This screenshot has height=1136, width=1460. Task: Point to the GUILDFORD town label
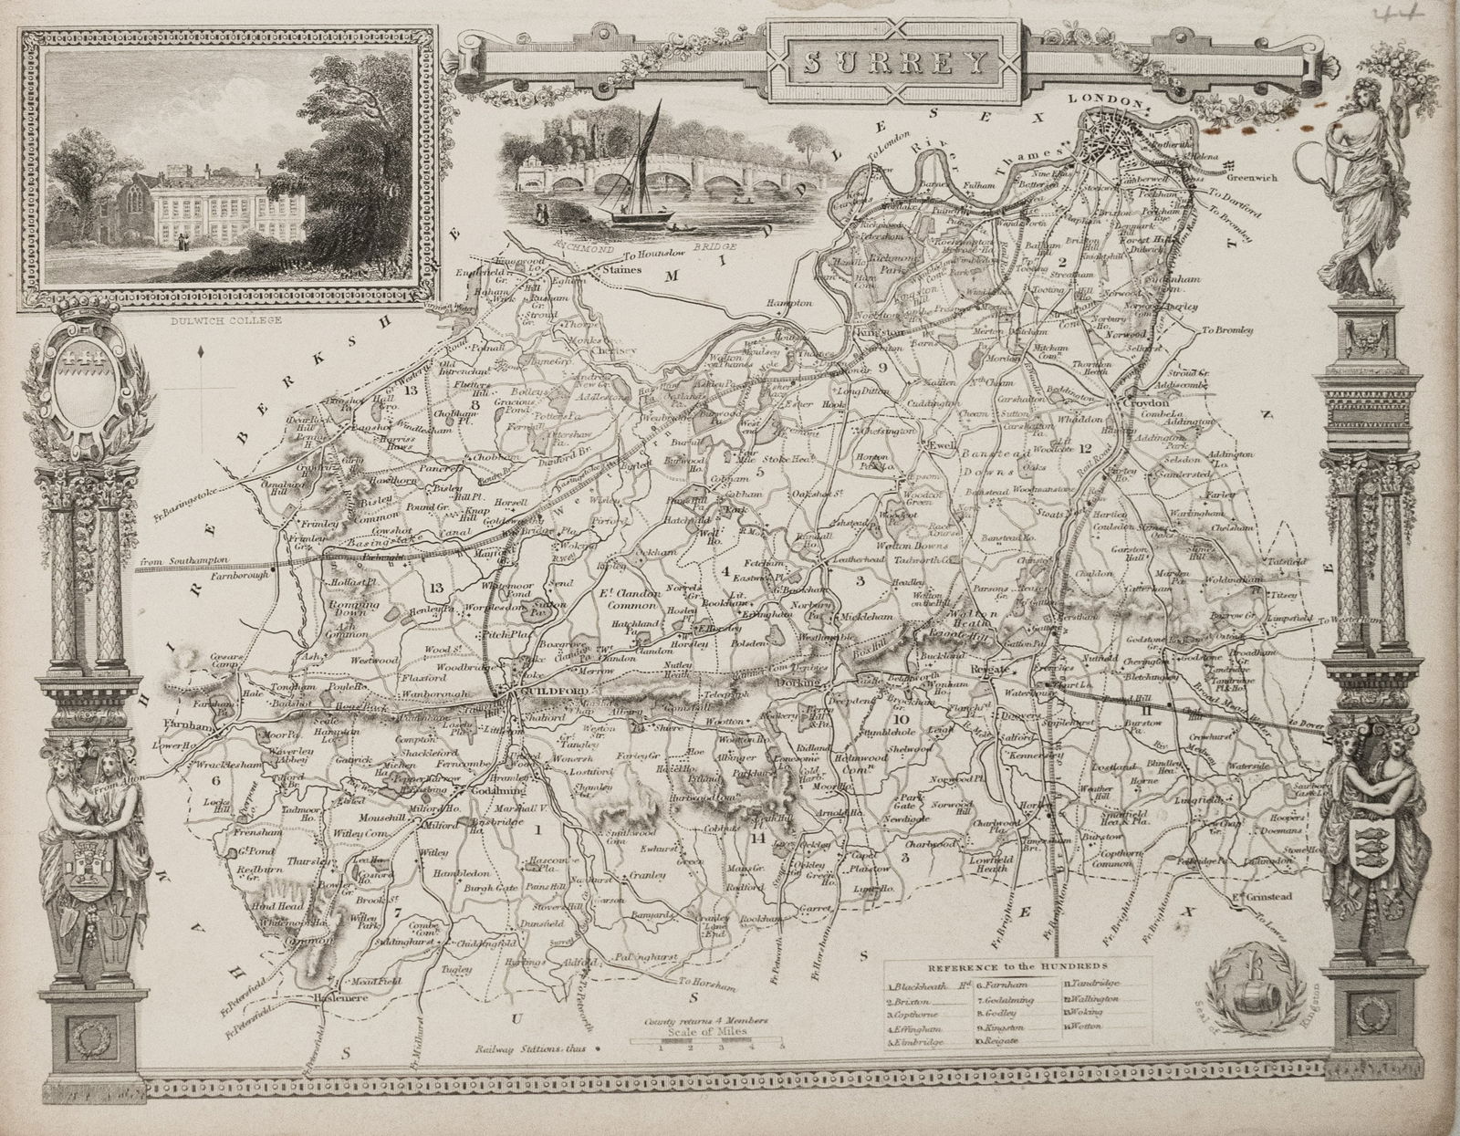[x=547, y=693]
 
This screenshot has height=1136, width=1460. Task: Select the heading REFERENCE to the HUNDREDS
[x=1017, y=964]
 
